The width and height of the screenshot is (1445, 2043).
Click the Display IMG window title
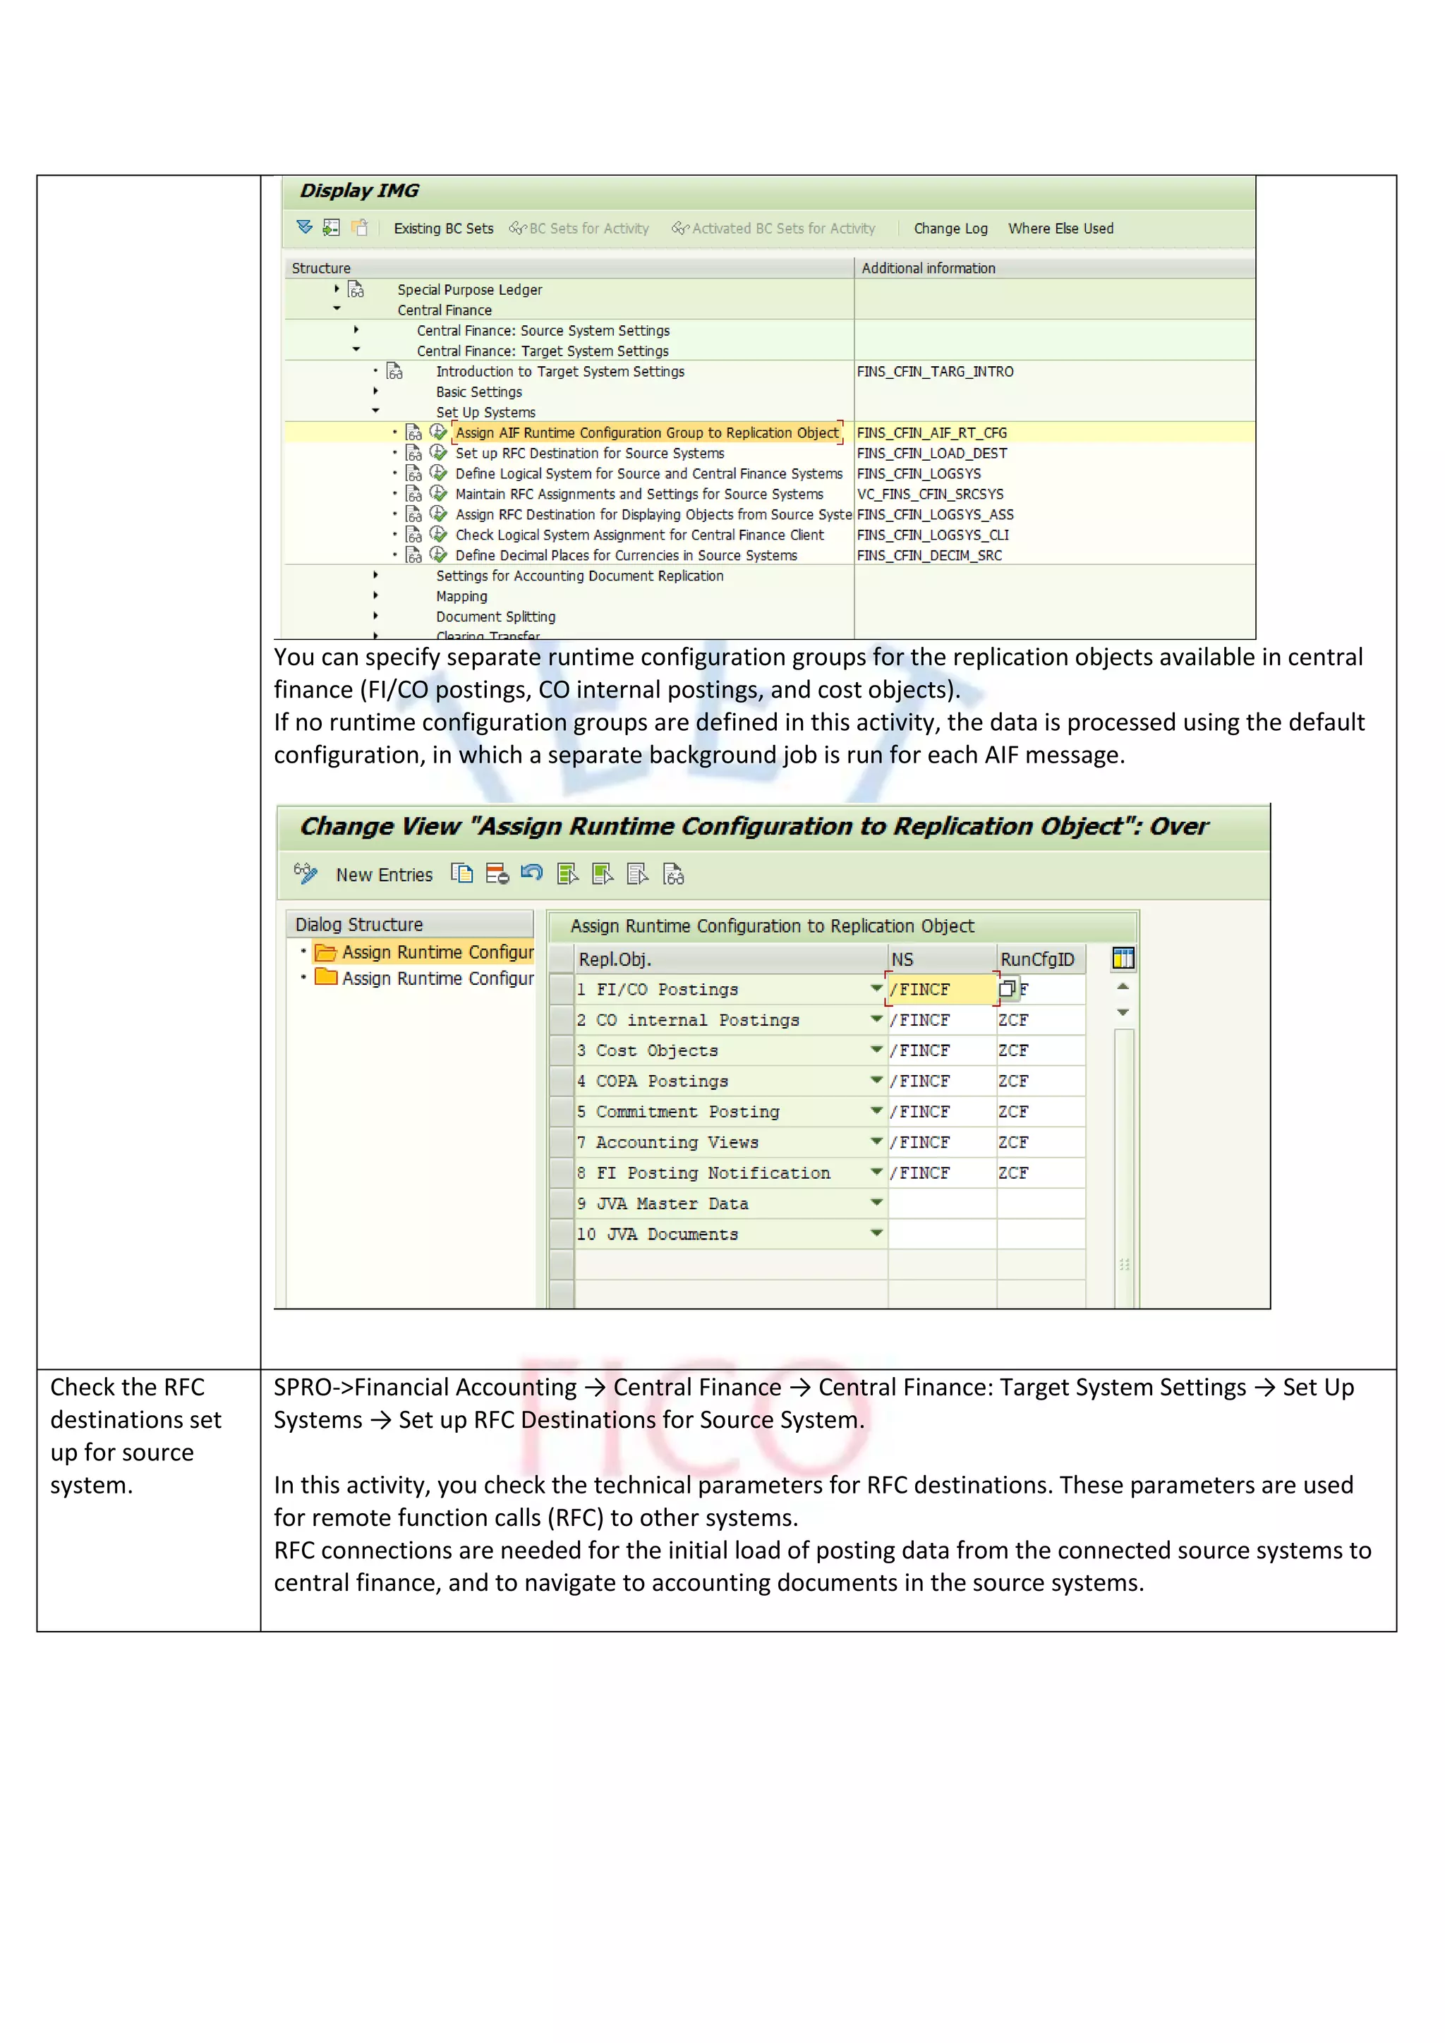pyautogui.click(x=359, y=190)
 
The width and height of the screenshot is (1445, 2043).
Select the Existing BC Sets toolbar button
pyautogui.click(x=443, y=229)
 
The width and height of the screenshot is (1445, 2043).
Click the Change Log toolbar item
pyautogui.click(x=950, y=229)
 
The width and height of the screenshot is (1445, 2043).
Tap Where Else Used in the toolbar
pyautogui.click(x=1060, y=229)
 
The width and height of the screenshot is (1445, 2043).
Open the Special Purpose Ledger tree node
pyautogui.click(x=469, y=290)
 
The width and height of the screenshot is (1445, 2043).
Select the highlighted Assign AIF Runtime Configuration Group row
pyautogui.click(x=647, y=433)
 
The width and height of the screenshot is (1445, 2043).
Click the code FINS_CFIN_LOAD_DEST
pyautogui.click(x=931, y=454)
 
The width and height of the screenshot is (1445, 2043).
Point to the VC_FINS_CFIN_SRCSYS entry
pyautogui.click(x=930, y=495)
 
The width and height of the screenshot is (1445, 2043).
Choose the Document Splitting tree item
pyautogui.click(x=495, y=617)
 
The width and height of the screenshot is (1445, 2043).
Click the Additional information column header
pyautogui.click(x=928, y=269)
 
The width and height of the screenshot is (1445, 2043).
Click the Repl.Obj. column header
pyautogui.click(x=615, y=960)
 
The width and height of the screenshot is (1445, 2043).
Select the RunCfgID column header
pyautogui.click(x=1036, y=960)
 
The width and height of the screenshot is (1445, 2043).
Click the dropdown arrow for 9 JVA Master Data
pyautogui.click(x=876, y=1203)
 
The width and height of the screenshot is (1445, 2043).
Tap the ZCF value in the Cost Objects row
pyautogui.click(x=1013, y=1051)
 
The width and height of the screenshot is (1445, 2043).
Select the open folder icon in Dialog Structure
pyautogui.click(x=326, y=953)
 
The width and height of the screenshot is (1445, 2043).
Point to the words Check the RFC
pyautogui.click(x=127, y=1388)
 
